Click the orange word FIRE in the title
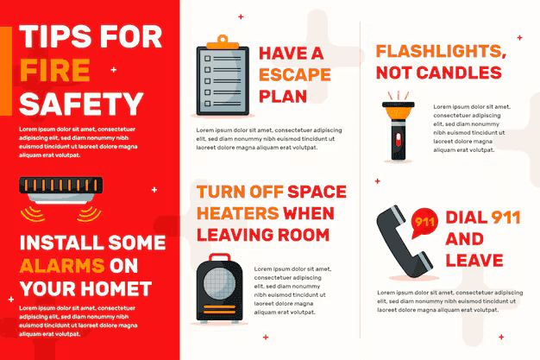55,70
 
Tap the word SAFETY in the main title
81,104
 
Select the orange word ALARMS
62,266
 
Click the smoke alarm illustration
61,199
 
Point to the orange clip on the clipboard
223,43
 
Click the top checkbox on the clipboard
207,59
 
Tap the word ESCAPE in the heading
295,75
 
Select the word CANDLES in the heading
459,73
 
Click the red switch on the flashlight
399,139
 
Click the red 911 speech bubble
424,223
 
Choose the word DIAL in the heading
467,218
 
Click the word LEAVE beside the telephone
474,261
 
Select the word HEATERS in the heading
237,213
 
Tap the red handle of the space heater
219,257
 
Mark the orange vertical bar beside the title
6,71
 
